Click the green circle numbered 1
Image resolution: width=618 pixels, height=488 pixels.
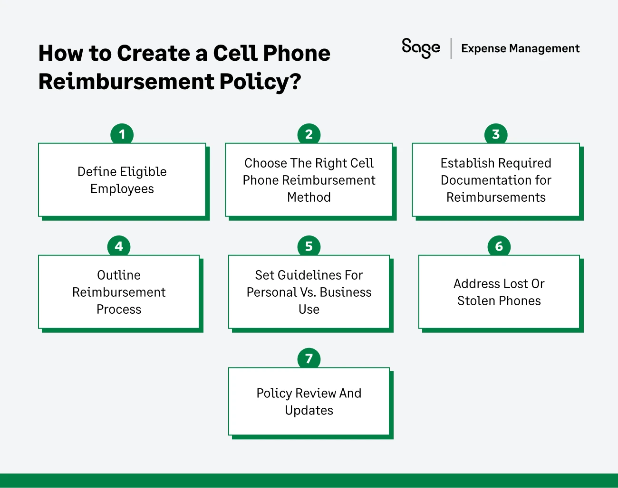[122, 134]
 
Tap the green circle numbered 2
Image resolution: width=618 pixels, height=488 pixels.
[309, 134]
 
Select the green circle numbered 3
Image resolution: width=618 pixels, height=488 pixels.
[496, 134]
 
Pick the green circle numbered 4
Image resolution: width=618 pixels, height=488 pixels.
[119, 246]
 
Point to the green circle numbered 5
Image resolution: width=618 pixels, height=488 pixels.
[309, 246]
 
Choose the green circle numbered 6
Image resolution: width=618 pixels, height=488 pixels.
[499, 246]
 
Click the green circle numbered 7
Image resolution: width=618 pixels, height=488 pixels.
[309, 358]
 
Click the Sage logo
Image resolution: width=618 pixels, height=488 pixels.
[421, 48]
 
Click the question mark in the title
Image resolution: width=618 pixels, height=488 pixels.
[295, 81]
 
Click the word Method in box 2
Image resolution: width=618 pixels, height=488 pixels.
[309, 197]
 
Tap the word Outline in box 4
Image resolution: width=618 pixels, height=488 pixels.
[119, 275]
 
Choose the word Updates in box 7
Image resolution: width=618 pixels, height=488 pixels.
[309, 410]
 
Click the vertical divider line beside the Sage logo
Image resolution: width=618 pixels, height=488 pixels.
[451, 48]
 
